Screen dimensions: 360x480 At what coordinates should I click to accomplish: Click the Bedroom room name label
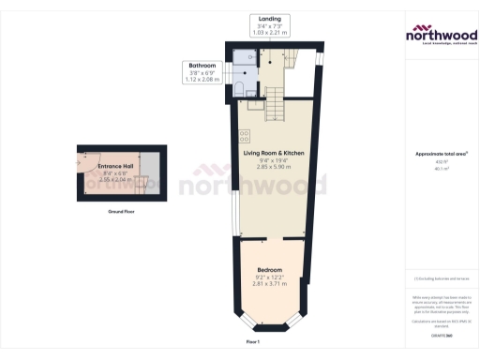point(272,269)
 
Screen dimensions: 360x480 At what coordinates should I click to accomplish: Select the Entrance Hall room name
point(115,167)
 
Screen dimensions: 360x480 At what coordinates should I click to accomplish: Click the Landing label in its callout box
point(273,18)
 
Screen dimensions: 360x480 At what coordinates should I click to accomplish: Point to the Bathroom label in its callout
point(203,66)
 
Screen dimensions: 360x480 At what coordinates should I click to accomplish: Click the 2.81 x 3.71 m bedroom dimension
point(272,283)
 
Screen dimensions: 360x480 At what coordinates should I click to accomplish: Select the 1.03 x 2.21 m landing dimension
point(273,33)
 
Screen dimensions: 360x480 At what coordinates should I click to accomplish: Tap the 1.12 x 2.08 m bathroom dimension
point(203,80)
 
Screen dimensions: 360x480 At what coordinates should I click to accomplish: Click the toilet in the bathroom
point(242,88)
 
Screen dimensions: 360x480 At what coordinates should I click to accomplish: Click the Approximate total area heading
point(442,154)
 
